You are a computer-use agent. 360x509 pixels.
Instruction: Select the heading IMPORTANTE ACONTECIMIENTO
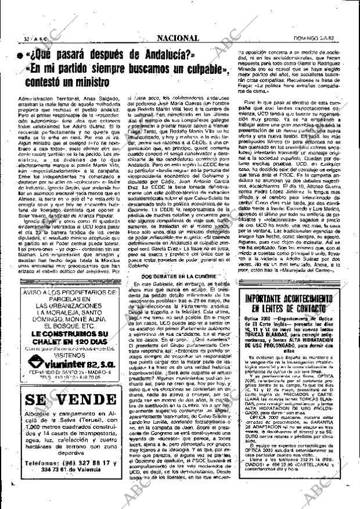click(288, 300)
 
